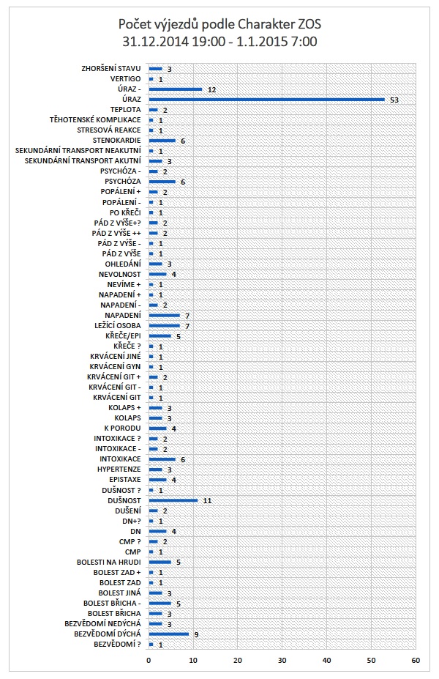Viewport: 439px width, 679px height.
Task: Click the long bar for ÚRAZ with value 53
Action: [x=266, y=99]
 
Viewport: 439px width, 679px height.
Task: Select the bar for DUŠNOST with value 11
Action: [x=173, y=500]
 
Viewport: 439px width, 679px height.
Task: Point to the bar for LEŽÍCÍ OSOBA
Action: [x=165, y=325]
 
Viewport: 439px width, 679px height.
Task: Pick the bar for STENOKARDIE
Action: [x=162, y=140]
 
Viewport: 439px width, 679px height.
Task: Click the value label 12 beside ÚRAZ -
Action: [x=211, y=89]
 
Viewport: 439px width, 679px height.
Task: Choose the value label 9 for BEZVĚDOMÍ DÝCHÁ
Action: [x=196, y=634]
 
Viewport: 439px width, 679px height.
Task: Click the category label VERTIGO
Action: [x=125, y=78]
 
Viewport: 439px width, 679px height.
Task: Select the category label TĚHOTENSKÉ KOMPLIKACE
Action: [x=95, y=119]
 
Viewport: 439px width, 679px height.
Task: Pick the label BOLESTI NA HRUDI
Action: [x=109, y=563]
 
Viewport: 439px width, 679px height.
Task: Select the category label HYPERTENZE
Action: [x=119, y=470]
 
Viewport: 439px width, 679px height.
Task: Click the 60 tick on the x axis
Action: [x=416, y=660]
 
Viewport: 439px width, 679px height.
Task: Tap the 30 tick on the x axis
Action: [x=282, y=660]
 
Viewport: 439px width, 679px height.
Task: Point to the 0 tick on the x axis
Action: [x=149, y=660]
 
